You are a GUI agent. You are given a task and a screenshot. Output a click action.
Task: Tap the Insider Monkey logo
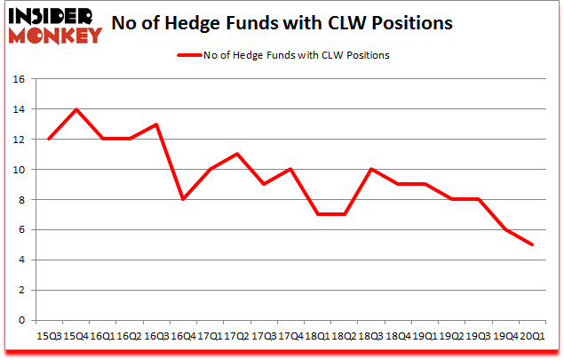(x=55, y=24)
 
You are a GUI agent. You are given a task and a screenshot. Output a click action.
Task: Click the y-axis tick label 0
(x=20, y=320)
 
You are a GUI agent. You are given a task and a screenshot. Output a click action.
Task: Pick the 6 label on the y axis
(x=20, y=229)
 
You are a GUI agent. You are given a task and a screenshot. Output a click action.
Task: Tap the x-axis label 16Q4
(x=183, y=335)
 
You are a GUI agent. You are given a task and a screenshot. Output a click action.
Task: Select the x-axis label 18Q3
(x=369, y=335)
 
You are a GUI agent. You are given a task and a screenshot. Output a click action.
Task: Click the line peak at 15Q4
(x=76, y=109)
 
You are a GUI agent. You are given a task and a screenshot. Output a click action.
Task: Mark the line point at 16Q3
(x=156, y=124)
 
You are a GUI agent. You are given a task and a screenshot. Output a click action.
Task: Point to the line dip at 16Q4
(x=183, y=199)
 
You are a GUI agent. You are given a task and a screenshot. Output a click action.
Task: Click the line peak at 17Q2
(x=236, y=155)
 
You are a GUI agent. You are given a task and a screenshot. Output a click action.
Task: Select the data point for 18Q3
(x=369, y=169)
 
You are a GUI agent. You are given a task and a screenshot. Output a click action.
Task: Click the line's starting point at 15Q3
(x=50, y=140)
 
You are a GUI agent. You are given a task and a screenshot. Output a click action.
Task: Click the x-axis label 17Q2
(x=236, y=335)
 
